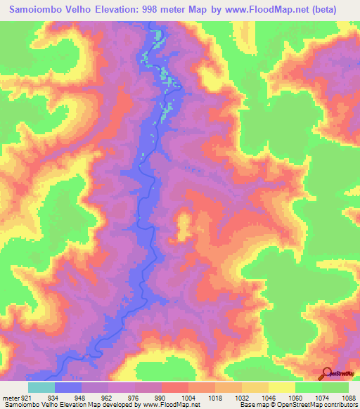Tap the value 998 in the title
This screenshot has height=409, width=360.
tap(183, 9)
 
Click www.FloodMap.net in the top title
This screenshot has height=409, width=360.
tap(274, 9)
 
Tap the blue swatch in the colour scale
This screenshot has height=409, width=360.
tap(68, 388)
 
